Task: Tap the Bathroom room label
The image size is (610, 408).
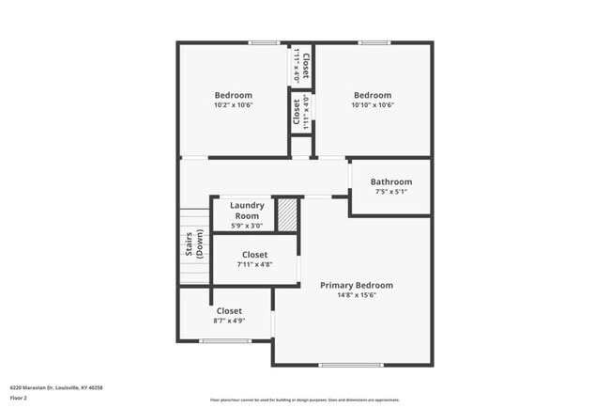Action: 390,181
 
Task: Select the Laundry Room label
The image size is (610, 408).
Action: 247,210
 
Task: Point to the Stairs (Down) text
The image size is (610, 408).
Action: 193,244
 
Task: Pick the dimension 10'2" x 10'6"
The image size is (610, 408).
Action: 233,104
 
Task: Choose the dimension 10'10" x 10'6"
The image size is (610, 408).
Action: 372,104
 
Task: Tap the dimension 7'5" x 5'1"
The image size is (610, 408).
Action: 390,192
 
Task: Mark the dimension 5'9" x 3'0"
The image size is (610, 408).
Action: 247,226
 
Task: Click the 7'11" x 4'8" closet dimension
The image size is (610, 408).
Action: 254,264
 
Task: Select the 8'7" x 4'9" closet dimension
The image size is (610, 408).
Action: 229,321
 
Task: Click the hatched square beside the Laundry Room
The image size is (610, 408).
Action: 287,214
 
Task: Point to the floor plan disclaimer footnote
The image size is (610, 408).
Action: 304,400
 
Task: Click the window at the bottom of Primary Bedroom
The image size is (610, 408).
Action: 351,365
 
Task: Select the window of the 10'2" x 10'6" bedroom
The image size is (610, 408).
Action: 264,42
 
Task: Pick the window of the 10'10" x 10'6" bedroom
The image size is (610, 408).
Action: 374,42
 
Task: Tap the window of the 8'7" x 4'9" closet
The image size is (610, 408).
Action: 225,341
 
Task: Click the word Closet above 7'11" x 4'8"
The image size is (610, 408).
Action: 254,255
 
